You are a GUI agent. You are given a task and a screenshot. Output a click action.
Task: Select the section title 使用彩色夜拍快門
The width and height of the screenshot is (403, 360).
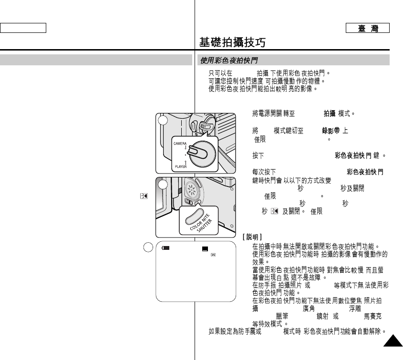229,61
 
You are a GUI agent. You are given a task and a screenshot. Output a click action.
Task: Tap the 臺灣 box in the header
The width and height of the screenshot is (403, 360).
368,28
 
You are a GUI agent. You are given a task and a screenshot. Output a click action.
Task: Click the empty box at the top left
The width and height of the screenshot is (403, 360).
23,28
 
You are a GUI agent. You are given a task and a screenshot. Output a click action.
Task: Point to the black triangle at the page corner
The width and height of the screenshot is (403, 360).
393,342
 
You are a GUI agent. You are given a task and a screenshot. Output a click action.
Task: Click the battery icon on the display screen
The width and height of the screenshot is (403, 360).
165,248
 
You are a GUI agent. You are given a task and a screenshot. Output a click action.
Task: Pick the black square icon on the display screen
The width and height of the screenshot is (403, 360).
205,248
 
